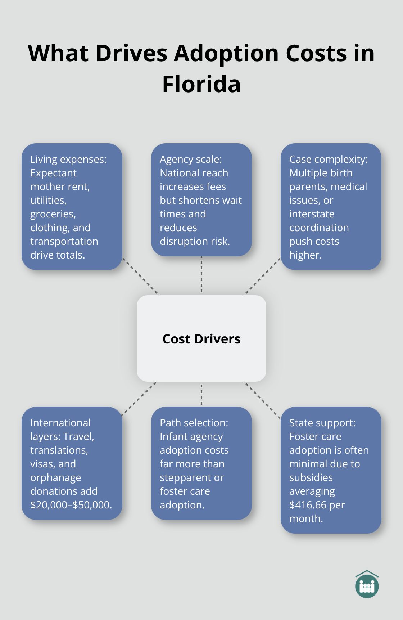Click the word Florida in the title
(x=201, y=84)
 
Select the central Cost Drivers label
(x=201, y=339)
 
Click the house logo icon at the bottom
(x=367, y=584)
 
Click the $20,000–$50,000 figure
(x=71, y=505)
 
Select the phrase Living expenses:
(x=68, y=159)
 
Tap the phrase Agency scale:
(x=191, y=159)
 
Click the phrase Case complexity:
(x=329, y=159)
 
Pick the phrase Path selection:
(x=194, y=423)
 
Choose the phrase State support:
(x=322, y=423)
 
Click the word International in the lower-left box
(x=60, y=423)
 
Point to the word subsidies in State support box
(x=311, y=477)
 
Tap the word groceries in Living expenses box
(x=53, y=214)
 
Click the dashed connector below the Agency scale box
(x=201, y=275)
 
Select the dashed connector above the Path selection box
(x=201, y=394)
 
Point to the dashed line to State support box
(x=262, y=400)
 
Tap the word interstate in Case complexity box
(x=312, y=214)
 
